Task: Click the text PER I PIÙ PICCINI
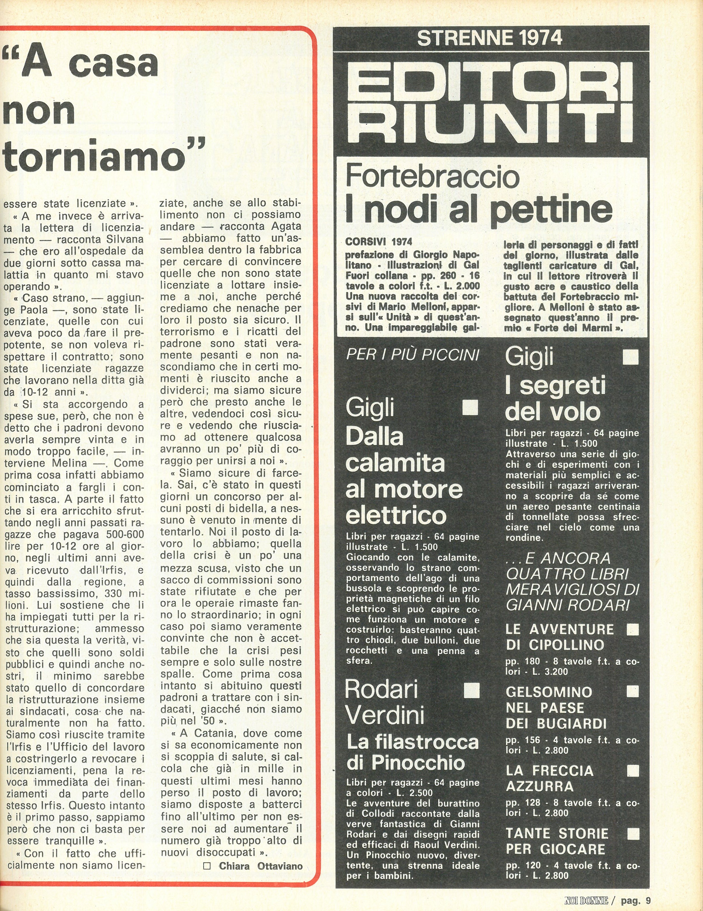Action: pos(412,355)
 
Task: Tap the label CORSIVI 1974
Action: pos(379,242)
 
